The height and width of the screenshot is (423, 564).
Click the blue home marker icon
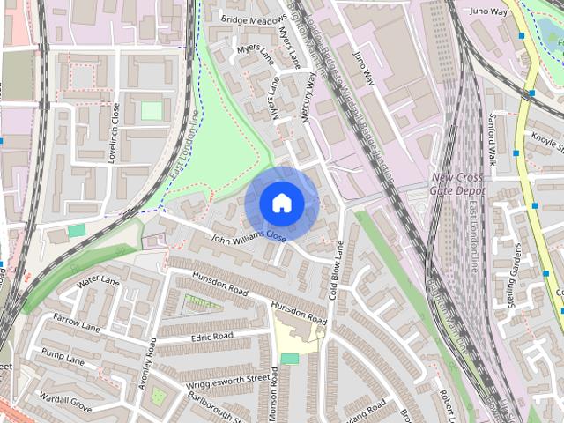[x=281, y=203]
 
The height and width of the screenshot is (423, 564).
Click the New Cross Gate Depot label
[x=460, y=182]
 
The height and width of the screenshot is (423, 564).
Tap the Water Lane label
[x=98, y=283]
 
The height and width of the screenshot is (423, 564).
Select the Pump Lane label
[x=63, y=359]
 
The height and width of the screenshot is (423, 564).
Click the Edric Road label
[x=211, y=337]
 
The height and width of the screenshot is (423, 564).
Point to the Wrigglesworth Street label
[x=227, y=380]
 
